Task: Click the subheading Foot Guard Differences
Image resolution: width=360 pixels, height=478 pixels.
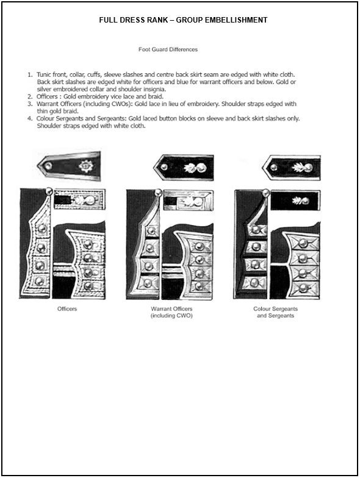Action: tap(168, 49)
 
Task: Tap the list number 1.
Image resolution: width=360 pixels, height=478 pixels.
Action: tap(29, 74)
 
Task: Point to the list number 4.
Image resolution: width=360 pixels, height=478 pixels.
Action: tap(29, 118)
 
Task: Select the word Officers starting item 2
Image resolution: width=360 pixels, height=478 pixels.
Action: tap(47, 96)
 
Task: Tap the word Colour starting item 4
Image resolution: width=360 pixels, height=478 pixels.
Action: tap(46, 118)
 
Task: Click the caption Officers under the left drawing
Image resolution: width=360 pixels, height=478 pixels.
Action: tap(67, 309)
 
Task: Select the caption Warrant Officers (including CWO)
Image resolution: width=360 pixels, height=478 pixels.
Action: tap(171, 312)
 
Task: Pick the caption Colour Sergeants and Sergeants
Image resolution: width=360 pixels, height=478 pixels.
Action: tap(276, 312)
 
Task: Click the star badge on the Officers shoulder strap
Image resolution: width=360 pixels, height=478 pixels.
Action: tap(85, 166)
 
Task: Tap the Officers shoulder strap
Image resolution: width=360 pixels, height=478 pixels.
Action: tap(69, 166)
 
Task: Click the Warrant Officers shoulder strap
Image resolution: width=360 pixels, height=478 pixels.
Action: tap(184, 168)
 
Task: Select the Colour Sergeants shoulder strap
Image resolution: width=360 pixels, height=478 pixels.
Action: tap(292, 168)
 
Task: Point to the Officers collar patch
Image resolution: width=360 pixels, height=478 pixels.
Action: tap(79, 200)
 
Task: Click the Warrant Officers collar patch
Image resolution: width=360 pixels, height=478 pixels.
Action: tap(188, 201)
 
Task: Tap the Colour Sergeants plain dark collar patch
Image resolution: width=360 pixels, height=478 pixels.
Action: tap(295, 201)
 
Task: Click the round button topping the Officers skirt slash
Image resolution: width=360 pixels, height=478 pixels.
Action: tap(48, 191)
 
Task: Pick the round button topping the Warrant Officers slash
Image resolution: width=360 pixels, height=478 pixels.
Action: tap(158, 193)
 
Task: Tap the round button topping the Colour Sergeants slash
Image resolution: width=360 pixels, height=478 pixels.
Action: tap(266, 193)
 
